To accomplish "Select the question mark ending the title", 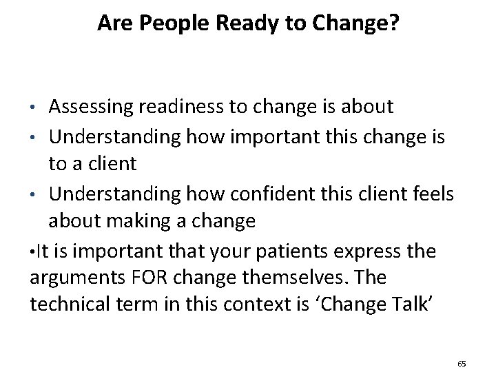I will [x=393, y=24].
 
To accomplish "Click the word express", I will [x=371, y=251].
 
